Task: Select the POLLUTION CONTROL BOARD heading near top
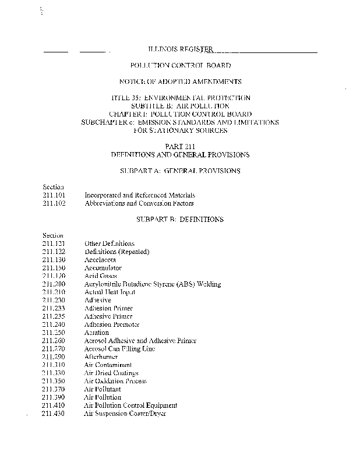tap(181, 66)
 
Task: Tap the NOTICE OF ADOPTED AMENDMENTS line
tap(181, 82)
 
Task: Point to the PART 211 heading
tap(181, 147)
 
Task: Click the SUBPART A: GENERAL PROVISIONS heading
tap(181, 171)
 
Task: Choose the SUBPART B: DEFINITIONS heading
tap(181, 220)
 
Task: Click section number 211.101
tap(54, 195)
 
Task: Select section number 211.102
tap(54, 203)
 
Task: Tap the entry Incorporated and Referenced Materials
tap(140, 195)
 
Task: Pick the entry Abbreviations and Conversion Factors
tap(139, 203)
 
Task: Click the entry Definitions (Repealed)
tap(117, 252)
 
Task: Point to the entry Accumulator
tap(103, 268)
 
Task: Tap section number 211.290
tap(54, 356)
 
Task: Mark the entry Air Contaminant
tap(108, 365)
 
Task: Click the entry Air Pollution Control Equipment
tap(131, 405)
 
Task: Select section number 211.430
tap(54, 414)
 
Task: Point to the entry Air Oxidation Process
tap(115, 381)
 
